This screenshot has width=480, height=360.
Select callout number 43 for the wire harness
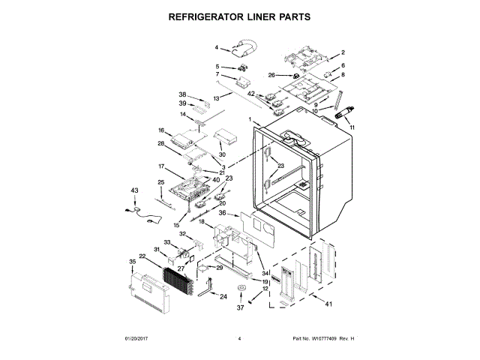point(135,191)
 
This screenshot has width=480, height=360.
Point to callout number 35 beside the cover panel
point(133,262)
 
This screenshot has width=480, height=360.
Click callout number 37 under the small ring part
point(241,307)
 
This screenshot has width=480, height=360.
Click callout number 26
point(272,75)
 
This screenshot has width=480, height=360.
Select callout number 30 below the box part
point(222,154)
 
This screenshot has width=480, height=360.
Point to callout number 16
point(160,130)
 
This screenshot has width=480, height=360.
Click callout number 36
point(222,213)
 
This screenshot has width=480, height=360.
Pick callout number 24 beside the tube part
point(223,296)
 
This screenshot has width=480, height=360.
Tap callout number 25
point(160,182)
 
